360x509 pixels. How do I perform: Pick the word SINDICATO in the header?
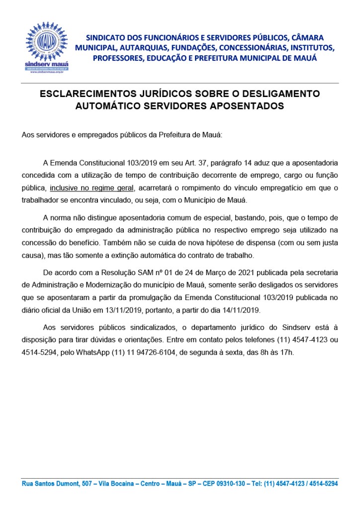[107, 37]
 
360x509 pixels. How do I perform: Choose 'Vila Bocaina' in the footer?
[118, 483]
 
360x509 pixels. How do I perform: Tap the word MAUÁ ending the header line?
[306, 58]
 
